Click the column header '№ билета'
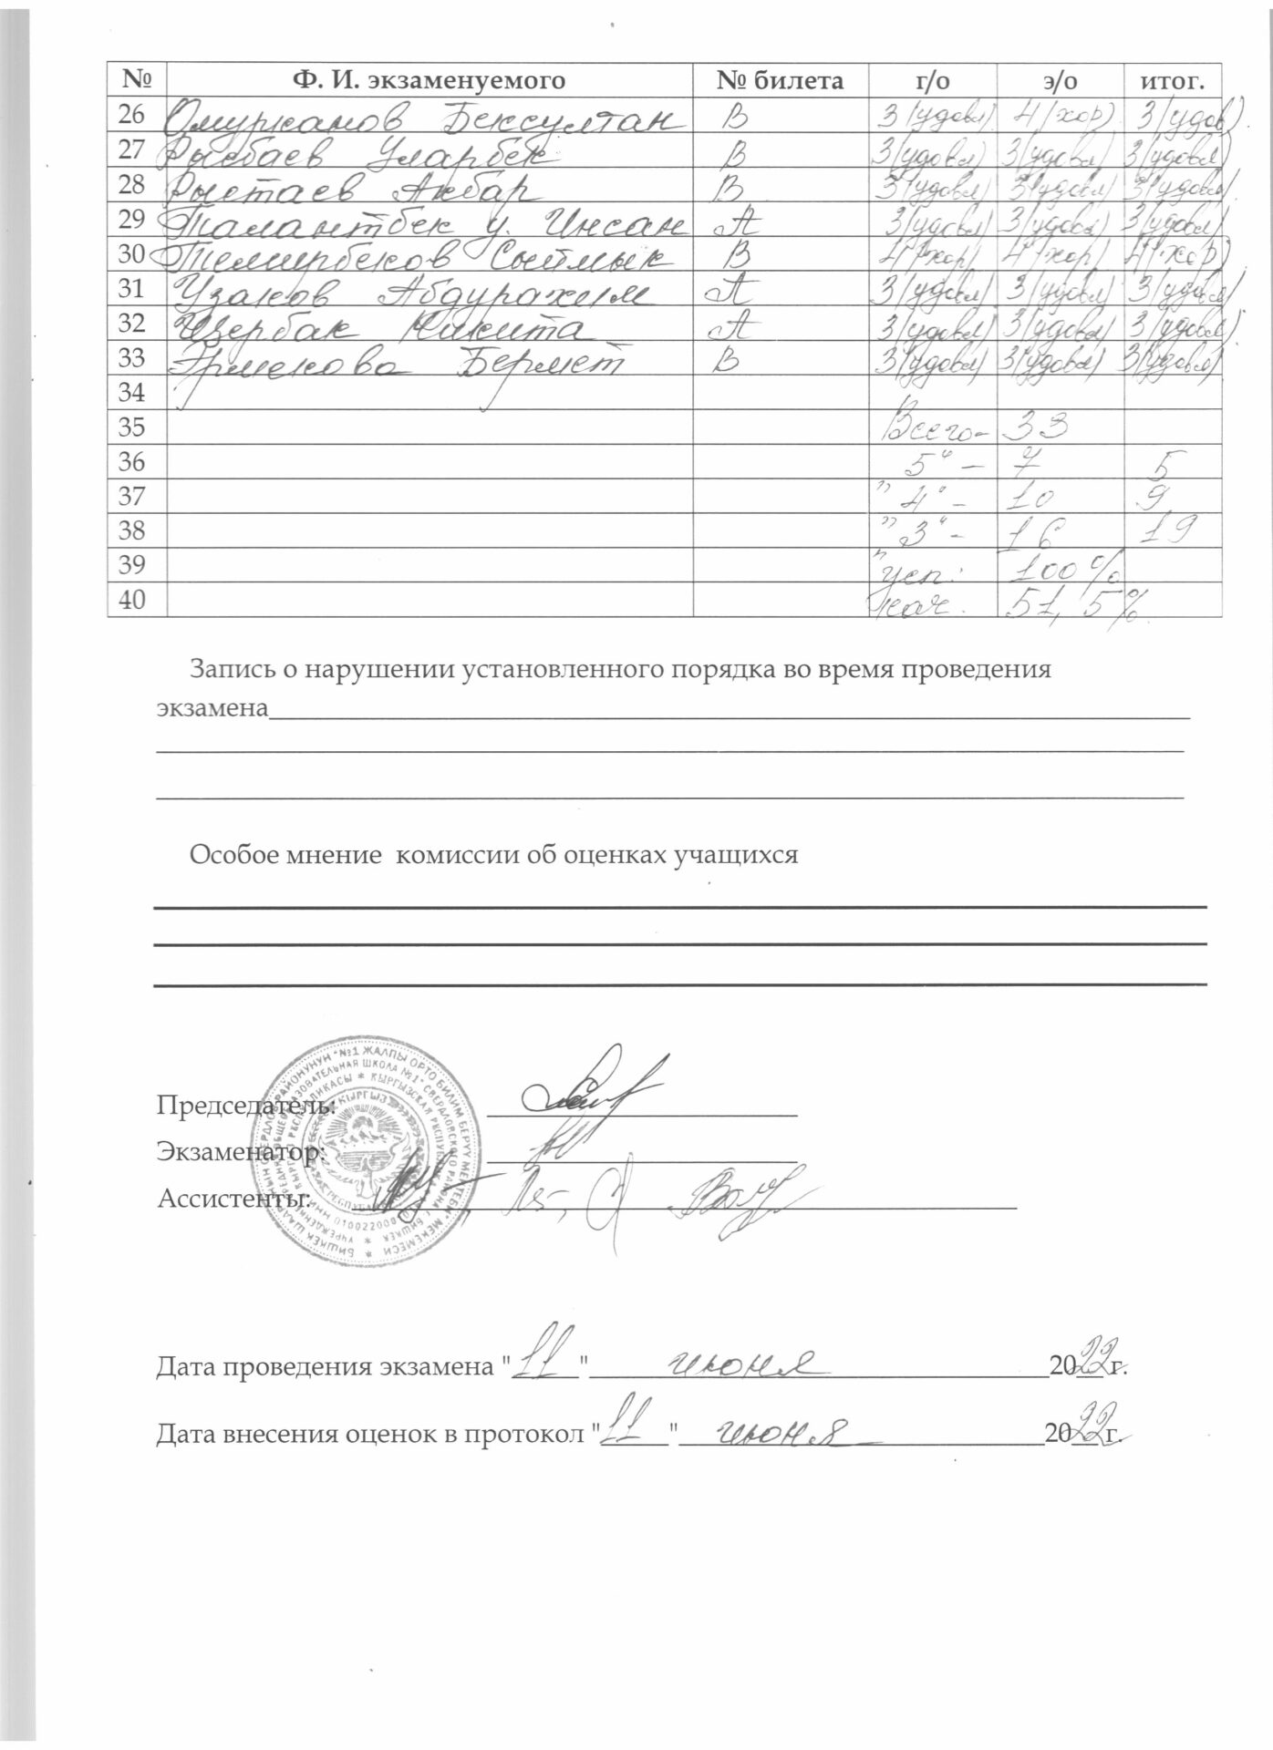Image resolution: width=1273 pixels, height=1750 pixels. pyautogui.click(x=780, y=81)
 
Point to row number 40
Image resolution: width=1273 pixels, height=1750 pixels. pyautogui.click(x=132, y=600)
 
